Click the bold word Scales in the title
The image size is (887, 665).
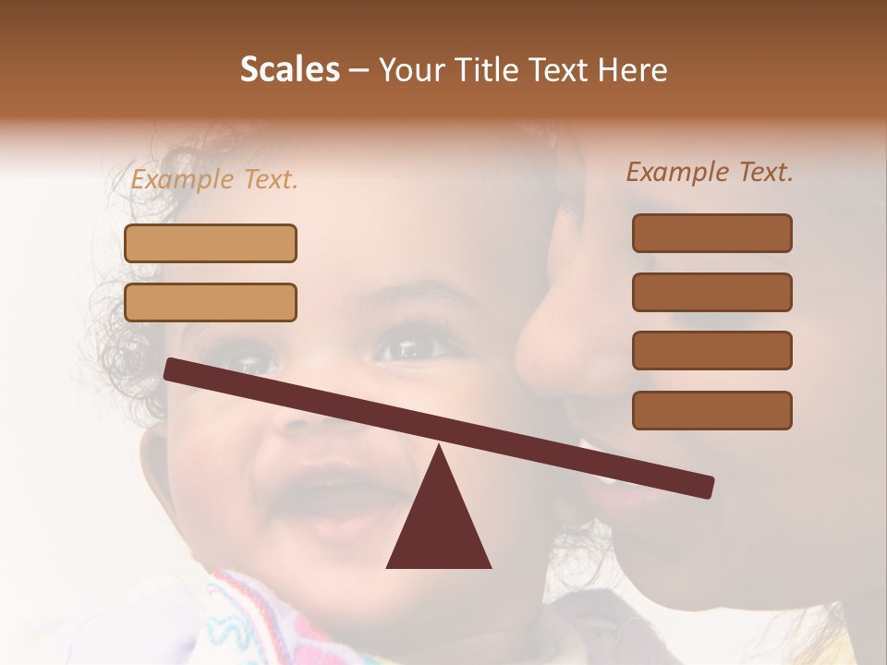[290, 70]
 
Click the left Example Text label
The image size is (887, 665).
[214, 180]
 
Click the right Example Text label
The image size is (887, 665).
[710, 172]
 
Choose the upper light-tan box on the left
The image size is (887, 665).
[211, 243]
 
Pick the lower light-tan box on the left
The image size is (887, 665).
[211, 302]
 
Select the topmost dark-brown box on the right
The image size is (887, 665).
[711, 233]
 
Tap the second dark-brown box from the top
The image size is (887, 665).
[711, 292]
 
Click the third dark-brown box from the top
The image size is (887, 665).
[711, 350]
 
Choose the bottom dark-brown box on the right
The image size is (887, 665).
[711, 410]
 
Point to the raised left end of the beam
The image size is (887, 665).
[172, 369]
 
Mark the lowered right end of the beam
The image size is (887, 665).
[707, 487]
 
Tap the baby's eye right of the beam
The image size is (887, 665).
[407, 349]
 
